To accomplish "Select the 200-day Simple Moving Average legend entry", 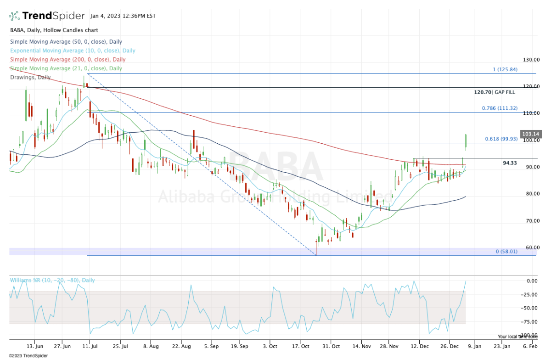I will tap(67, 60).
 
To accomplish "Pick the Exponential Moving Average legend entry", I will tap(73, 51).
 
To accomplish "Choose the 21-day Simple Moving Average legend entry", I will tap(66, 68).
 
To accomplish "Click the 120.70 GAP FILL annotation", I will tap(495, 92).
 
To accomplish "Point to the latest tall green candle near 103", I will tap(466, 142).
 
